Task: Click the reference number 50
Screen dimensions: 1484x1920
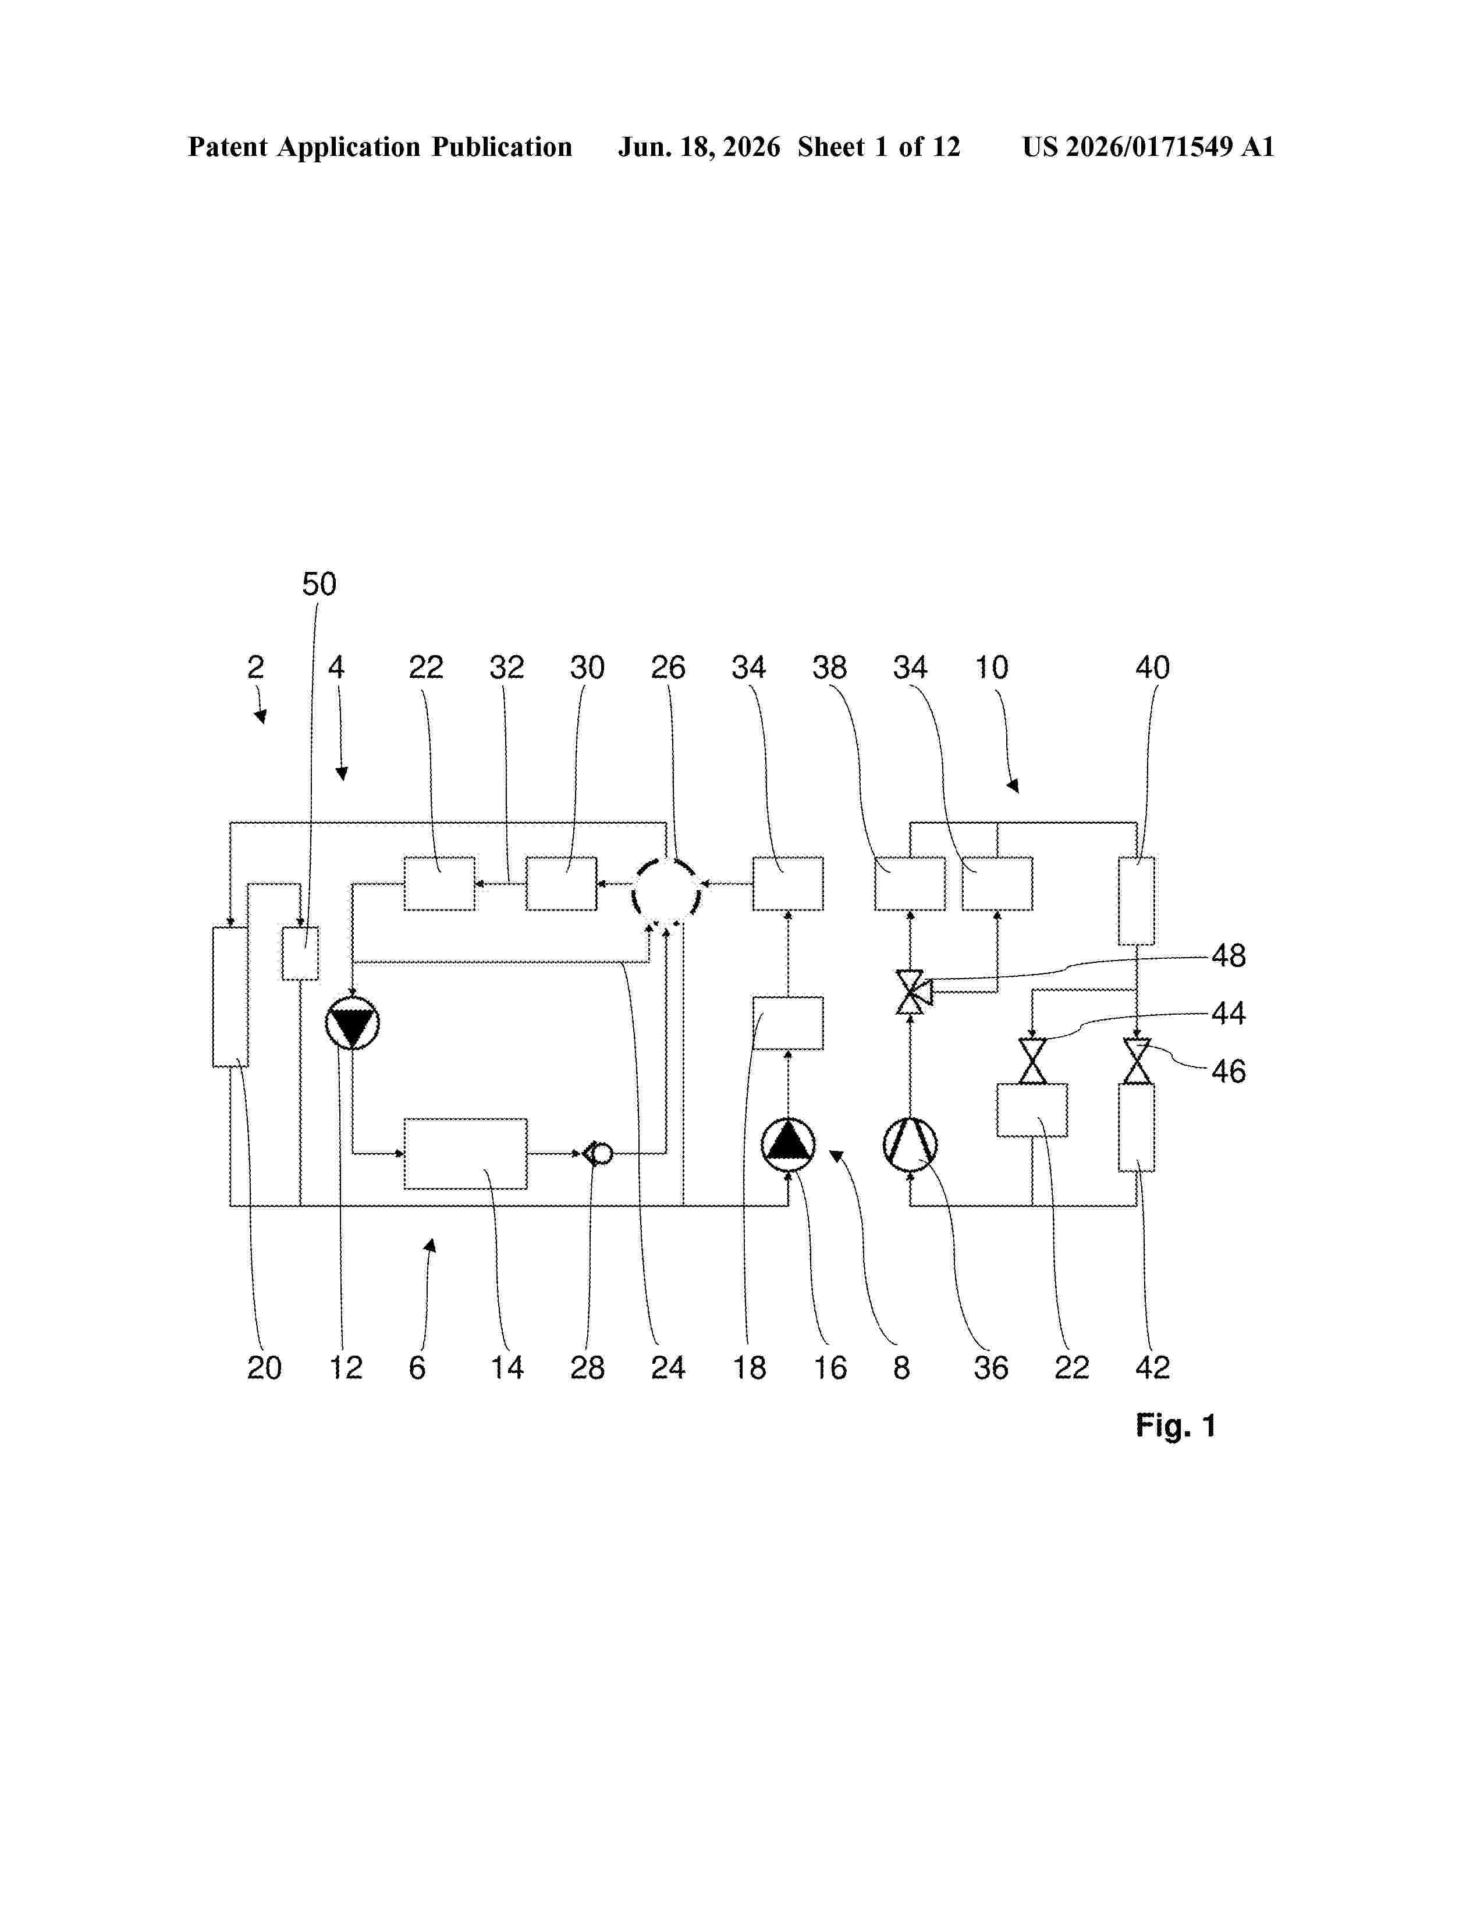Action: point(319,584)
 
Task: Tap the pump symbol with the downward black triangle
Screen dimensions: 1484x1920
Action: point(353,1023)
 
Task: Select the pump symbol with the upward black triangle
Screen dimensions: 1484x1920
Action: point(788,1144)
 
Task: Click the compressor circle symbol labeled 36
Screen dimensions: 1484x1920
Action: point(910,1144)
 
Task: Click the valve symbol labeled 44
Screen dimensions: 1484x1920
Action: point(1032,1061)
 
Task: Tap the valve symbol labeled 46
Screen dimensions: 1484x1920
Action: point(1137,1061)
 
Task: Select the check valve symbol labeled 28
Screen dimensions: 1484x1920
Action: point(598,1153)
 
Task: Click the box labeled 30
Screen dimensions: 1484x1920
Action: point(562,884)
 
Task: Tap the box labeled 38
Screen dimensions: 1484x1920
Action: point(910,884)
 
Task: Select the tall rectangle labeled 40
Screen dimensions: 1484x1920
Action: point(1137,901)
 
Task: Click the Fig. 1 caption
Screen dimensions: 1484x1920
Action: point(1176,1425)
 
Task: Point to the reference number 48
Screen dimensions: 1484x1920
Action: point(1229,955)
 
